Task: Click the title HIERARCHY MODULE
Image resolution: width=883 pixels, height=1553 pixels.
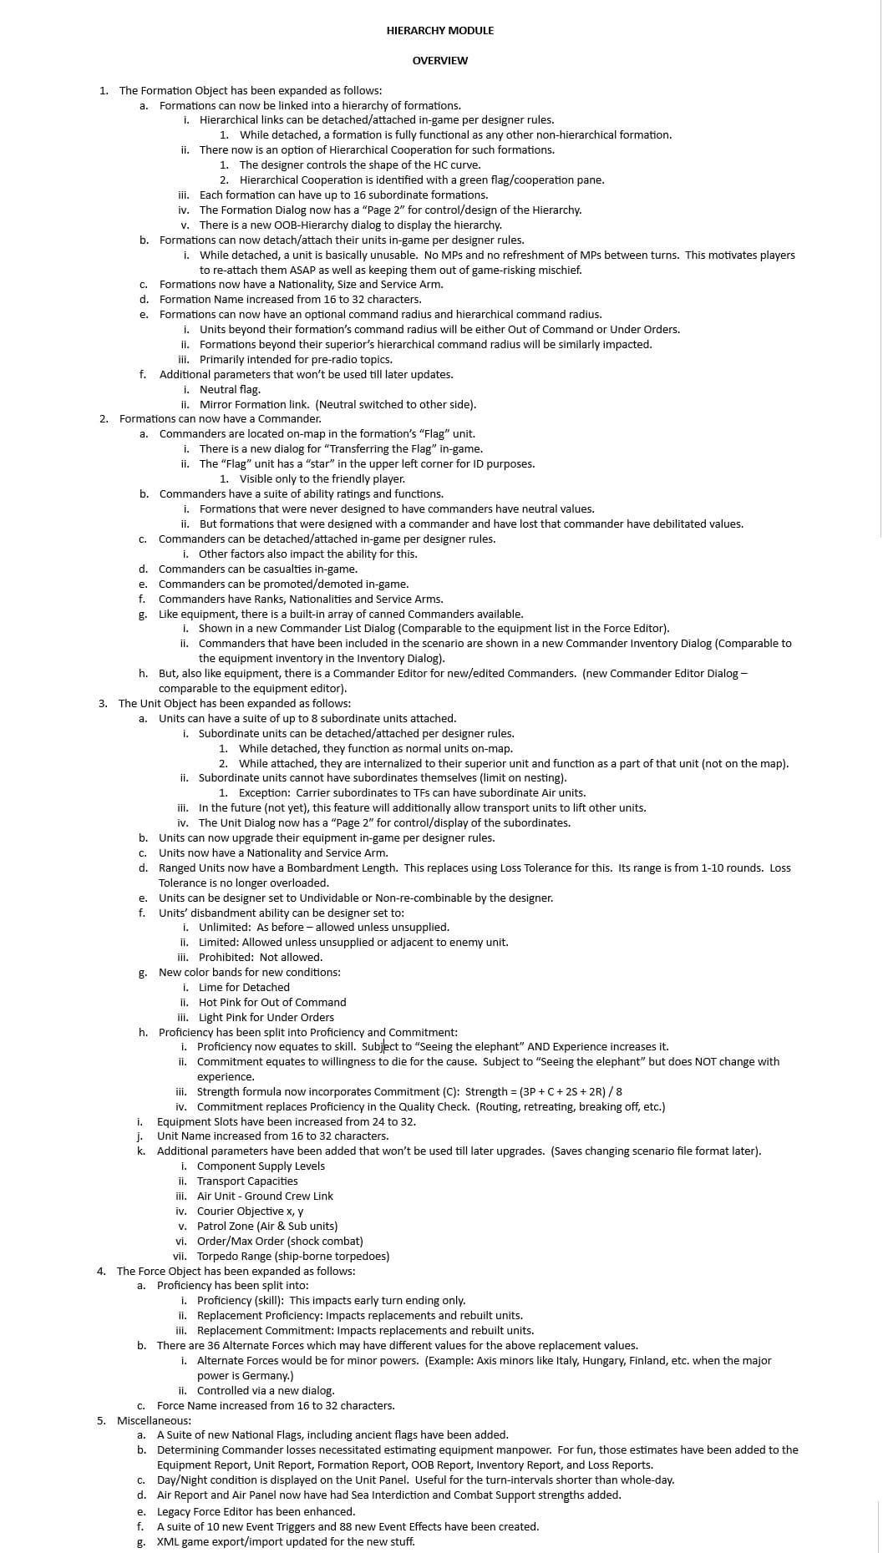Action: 439,30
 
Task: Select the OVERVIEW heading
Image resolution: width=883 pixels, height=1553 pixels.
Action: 439,60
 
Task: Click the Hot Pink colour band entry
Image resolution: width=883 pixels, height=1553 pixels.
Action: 271,1002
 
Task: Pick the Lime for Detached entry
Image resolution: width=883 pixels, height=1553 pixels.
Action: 244,987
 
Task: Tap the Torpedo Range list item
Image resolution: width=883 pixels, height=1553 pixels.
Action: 292,1256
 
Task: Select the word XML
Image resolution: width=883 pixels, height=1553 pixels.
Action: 169,1541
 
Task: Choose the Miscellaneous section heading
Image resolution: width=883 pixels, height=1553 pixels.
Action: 154,1420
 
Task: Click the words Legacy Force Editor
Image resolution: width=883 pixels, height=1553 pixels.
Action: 201,1511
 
